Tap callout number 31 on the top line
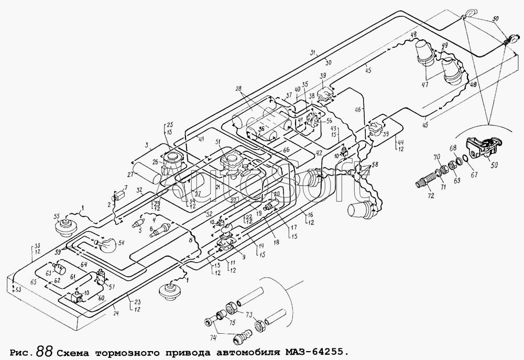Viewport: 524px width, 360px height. coord(313,52)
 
